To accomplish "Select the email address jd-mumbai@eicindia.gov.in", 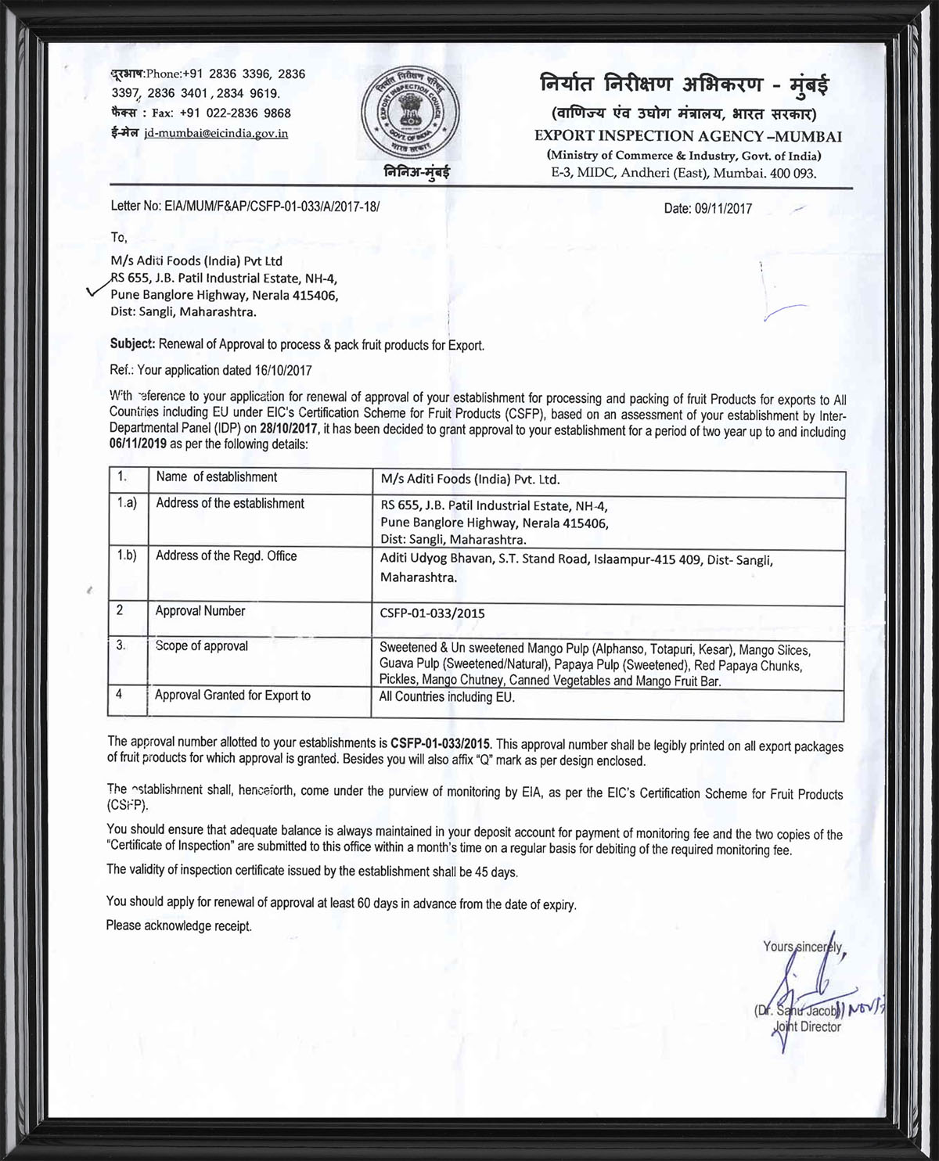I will [216, 134].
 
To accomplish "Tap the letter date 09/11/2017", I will [722, 209].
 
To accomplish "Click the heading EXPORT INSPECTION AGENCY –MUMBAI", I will [688, 136].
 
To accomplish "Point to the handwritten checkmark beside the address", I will [99, 289].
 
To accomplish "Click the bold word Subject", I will [132, 344].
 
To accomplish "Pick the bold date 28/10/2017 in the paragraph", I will [290, 430].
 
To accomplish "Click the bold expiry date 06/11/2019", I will [137, 444].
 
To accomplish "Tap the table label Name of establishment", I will [216, 477].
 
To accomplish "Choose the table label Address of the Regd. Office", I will [226, 556].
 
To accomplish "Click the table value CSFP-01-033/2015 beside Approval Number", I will [432, 613].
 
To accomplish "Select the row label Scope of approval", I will [201, 646].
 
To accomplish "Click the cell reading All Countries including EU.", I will [447, 696].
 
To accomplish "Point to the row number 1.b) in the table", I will [127, 555].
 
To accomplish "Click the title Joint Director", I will [807, 1027].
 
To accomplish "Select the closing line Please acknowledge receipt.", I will [179, 926].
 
